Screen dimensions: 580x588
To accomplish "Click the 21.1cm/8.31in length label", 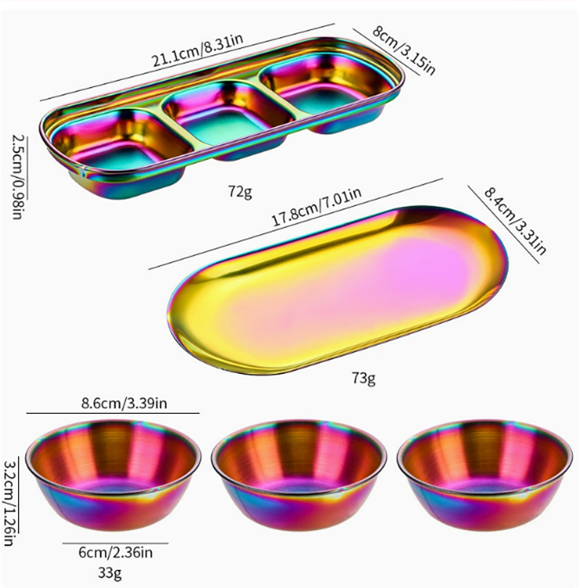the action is pos(198,50).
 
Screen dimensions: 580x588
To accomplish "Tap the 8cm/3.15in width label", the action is pos(404,50).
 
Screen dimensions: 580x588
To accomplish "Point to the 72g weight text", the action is pos(240,192).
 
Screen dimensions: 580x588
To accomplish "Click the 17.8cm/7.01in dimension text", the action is pos(316,207).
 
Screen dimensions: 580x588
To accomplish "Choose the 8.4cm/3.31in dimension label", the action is pos(515,221).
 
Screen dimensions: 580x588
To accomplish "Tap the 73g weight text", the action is pos(363,378).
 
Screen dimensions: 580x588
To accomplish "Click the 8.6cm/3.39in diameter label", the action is pos(124,404).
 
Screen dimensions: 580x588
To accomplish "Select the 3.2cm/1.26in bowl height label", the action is pos(9,503).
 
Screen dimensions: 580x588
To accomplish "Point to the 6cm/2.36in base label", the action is pos(115,552).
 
